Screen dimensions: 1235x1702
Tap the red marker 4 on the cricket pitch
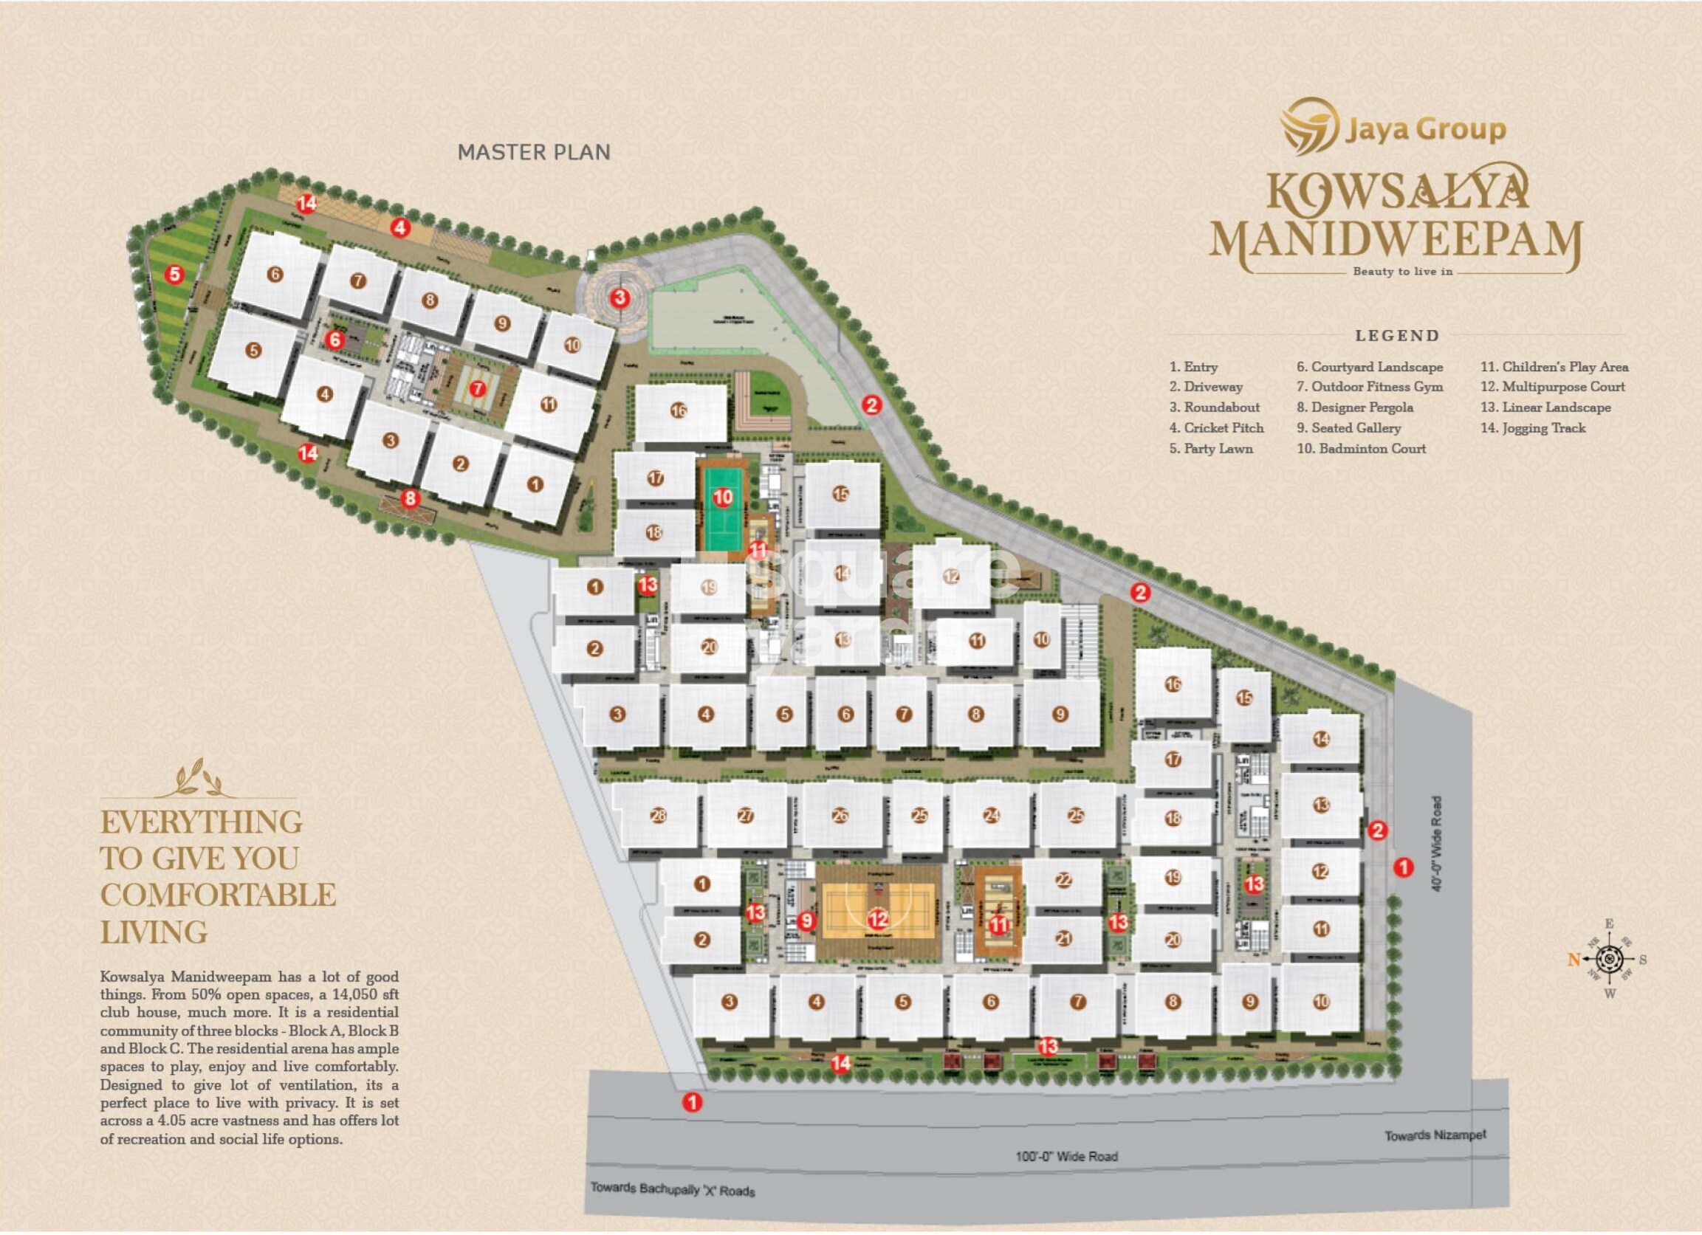[x=401, y=227]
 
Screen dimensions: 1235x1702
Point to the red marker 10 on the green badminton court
[x=723, y=496]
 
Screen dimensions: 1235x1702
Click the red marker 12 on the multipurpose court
[x=877, y=918]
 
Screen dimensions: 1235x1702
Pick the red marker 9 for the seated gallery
[x=806, y=920]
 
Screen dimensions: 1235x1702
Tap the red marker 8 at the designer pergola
[x=410, y=498]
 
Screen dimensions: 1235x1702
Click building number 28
[x=658, y=816]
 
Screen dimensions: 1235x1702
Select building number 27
[x=745, y=816]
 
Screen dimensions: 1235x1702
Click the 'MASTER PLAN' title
[x=534, y=152]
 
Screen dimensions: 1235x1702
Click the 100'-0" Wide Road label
[x=1066, y=1156]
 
